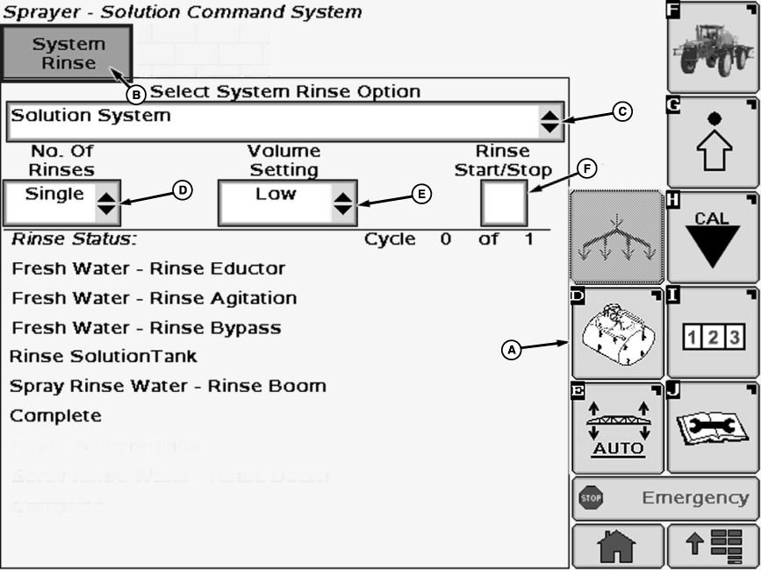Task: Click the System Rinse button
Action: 68,53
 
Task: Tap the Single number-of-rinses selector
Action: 59,203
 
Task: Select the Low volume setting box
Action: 287,203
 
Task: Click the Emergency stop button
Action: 664,498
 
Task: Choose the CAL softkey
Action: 713,237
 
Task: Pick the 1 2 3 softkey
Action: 713,334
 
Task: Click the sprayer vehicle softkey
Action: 713,48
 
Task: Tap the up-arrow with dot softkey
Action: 713,142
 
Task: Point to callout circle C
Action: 621,111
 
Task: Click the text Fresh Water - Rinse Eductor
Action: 148,268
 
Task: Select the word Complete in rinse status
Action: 55,416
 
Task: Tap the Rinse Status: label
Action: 74,239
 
